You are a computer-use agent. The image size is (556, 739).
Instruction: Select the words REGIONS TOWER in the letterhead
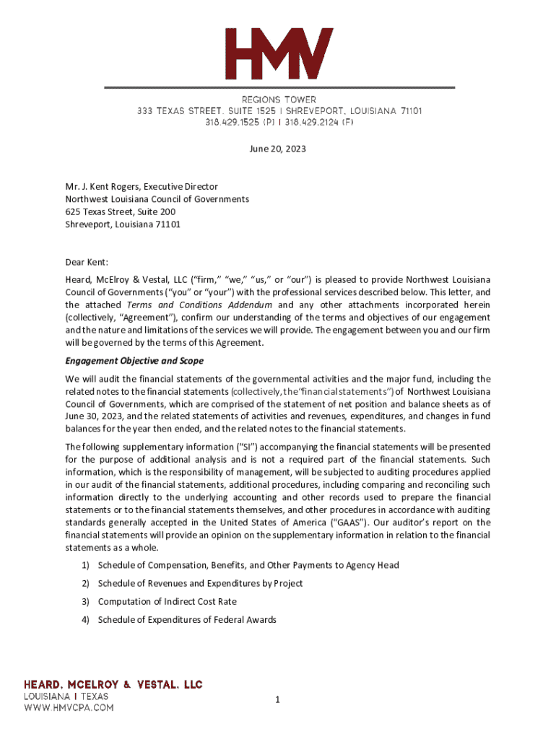[279, 99]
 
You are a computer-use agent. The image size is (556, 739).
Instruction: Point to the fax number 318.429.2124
[310, 123]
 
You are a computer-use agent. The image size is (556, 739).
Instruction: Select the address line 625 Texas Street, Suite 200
[120, 211]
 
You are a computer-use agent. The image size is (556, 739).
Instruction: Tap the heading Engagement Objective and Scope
[134, 361]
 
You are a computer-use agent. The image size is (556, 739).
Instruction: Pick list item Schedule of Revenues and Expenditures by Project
[200, 583]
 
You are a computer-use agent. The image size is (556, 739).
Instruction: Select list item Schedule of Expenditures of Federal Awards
[187, 620]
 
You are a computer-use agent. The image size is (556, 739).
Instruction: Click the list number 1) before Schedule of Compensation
[85, 565]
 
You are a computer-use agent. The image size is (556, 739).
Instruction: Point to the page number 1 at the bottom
[277, 699]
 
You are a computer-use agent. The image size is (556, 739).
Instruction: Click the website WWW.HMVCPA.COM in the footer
[69, 708]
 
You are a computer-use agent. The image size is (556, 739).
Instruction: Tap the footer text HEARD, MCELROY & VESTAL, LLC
[114, 684]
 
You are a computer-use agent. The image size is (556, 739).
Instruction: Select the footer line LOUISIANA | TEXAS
[66, 696]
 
